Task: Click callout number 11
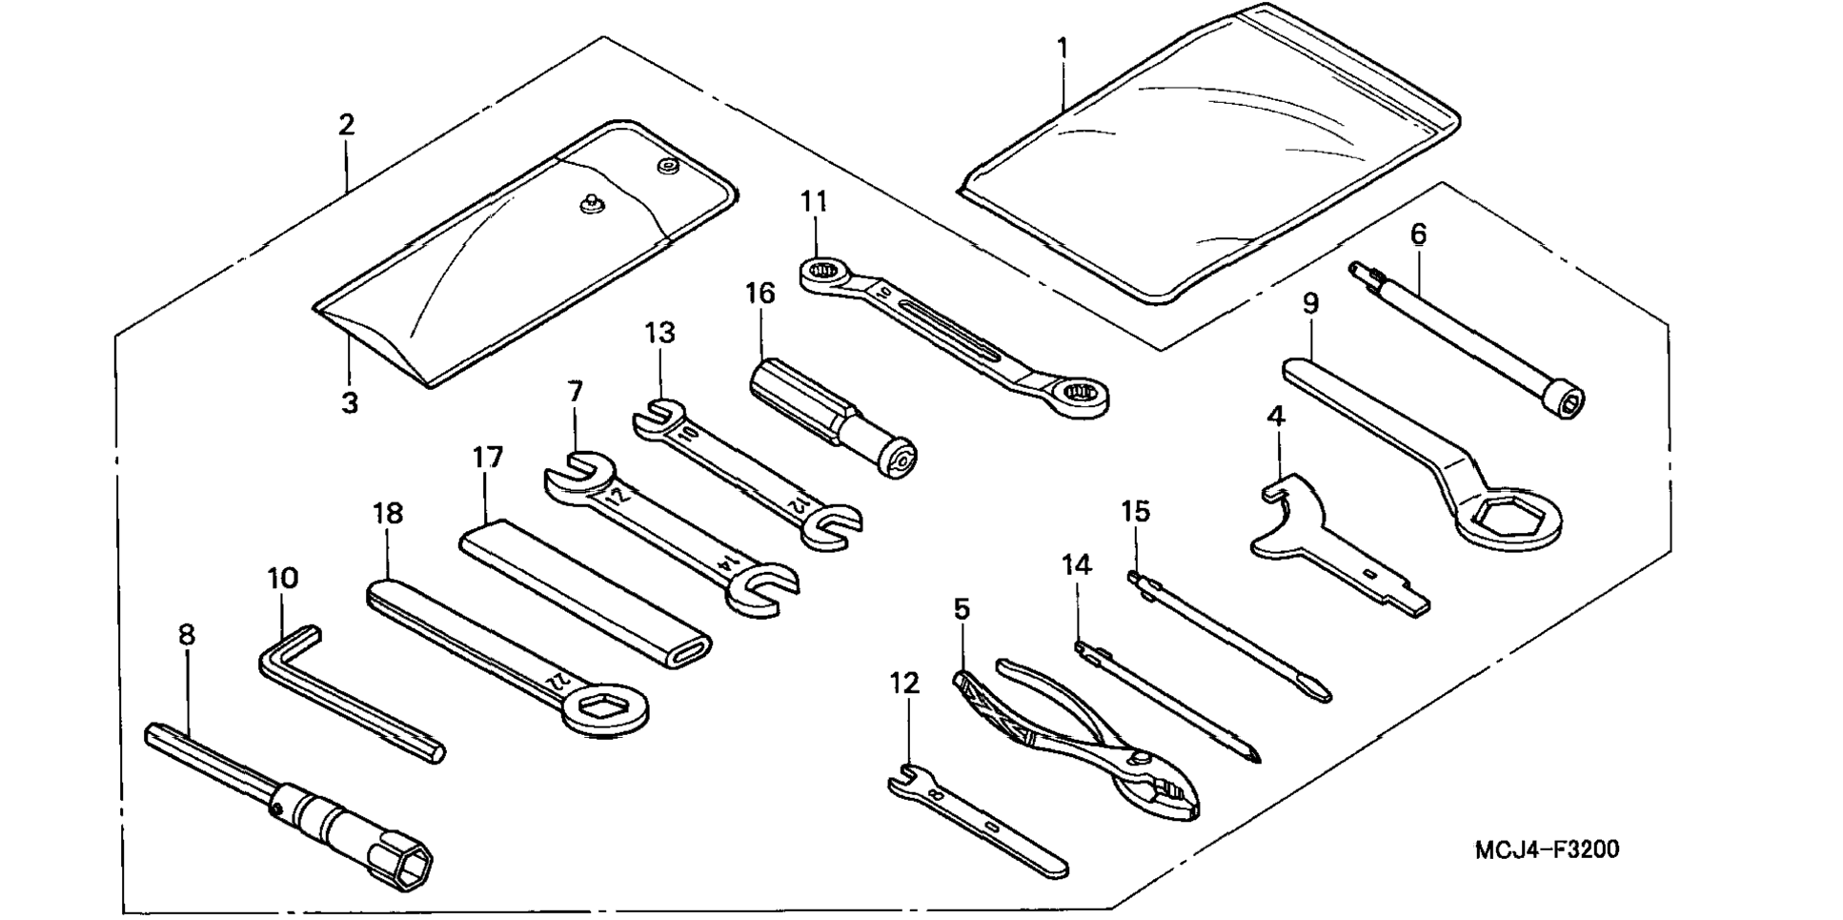click(813, 202)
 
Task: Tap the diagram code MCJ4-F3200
click(1546, 849)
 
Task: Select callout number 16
click(759, 293)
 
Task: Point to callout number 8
click(187, 635)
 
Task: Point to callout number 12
click(904, 684)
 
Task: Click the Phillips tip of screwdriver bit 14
click(1255, 752)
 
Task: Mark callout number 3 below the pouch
click(350, 402)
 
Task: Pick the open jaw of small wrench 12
click(902, 777)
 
